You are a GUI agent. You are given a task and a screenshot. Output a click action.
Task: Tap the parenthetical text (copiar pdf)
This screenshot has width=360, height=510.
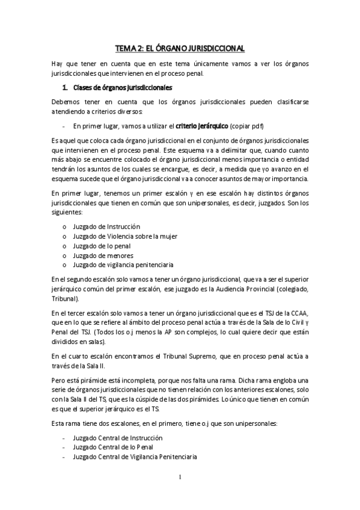tap(246, 126)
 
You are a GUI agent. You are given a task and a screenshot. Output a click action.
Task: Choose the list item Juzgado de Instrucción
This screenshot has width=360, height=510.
tap(106, 227)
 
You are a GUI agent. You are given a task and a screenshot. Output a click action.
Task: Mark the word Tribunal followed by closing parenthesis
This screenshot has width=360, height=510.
tap(65, 299)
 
